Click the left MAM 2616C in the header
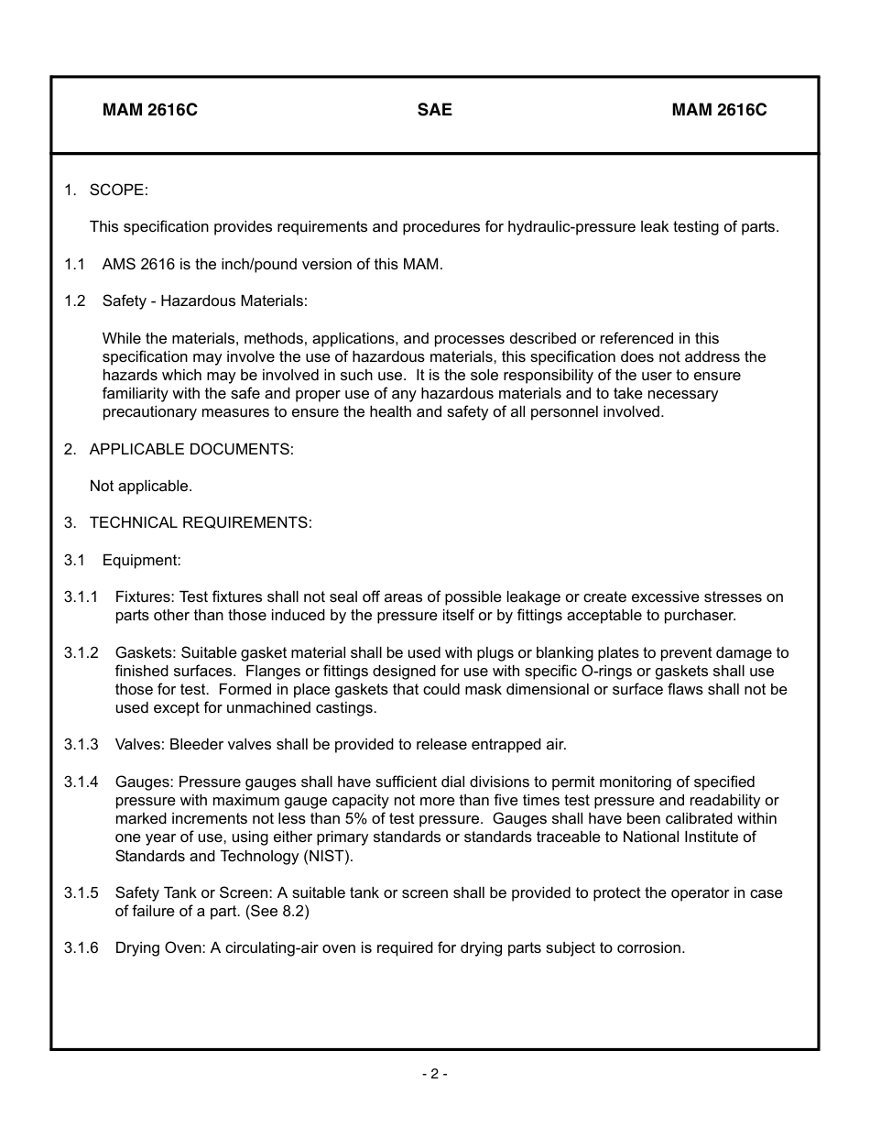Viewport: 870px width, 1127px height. [150, 110]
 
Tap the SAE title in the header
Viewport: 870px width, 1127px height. [434, 110]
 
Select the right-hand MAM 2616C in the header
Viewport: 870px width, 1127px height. [719, 110]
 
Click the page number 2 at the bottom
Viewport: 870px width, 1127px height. [434, 1074]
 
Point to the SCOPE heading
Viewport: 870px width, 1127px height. [118, 190]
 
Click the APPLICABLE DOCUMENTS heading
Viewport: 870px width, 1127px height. [191, 449]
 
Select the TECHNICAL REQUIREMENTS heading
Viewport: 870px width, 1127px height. [201, 522]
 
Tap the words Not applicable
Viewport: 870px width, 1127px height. [141, 486]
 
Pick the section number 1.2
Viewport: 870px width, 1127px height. [74, 301]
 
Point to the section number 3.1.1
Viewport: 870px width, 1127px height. [81, 596]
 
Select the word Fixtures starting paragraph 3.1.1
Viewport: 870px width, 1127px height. [143, 596]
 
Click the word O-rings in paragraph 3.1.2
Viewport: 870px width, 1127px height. [583, 671]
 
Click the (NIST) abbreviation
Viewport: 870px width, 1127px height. [327, 856]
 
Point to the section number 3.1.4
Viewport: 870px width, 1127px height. [81, 782]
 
